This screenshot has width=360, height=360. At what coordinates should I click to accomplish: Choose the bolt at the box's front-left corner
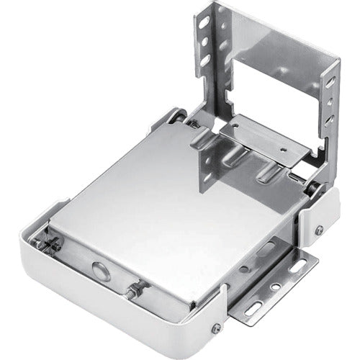tap(54, 245)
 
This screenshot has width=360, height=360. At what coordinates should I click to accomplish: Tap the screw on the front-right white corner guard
tap(215, 328)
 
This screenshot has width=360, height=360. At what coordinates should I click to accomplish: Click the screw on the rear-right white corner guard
tap(318, 230)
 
